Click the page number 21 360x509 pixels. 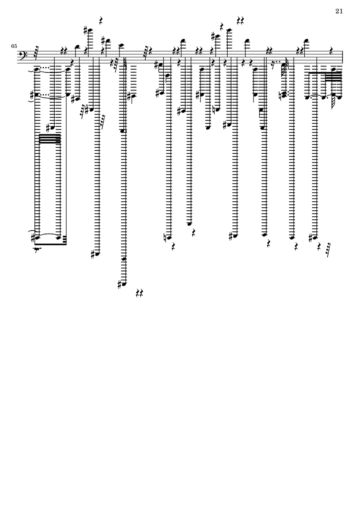[338, 11]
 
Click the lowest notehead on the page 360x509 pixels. [124, 284]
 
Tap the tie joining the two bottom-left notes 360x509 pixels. [48, 234]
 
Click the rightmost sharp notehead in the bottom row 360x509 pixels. [314, 237]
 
